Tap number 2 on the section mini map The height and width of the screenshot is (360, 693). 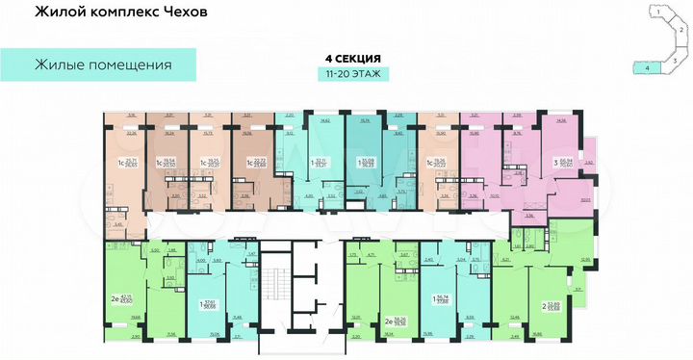pos(679,30)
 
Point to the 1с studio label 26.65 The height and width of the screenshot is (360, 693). pos(131,166)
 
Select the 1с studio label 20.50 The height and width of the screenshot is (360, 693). pos(170,166)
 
